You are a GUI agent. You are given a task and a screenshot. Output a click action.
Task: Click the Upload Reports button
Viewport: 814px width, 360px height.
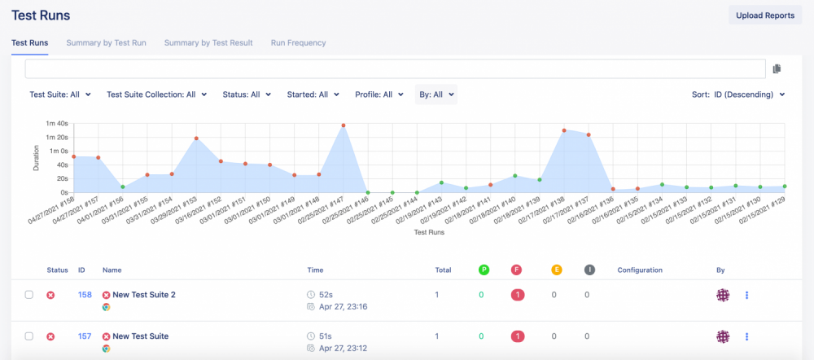click(x=765, y=15)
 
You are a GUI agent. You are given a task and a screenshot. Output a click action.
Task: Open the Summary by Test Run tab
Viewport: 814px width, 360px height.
click(x=106, y=42)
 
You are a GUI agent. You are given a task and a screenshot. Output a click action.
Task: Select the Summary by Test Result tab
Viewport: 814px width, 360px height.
click(x=208, y=42)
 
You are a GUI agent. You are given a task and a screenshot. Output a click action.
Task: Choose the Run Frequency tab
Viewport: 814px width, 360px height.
click(x=298, y=42)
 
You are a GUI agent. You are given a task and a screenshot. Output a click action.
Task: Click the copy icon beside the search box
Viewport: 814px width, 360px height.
click(x=777, y=69)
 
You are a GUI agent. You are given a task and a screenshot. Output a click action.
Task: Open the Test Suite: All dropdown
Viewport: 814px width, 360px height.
click(x=60, y=94)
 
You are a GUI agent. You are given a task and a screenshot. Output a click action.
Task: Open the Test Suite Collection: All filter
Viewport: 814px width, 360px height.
click(x=157, y=94)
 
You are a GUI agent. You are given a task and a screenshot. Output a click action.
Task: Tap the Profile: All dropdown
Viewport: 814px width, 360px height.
click(x=379, y=94)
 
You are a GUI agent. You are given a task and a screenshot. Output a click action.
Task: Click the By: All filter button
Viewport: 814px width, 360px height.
click(x=436, y=94)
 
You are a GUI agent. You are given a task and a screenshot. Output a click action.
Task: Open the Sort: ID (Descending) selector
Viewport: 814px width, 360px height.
click(x=738, y=94)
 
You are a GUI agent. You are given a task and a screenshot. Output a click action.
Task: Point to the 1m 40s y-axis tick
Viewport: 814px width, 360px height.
click(x=57, y=124)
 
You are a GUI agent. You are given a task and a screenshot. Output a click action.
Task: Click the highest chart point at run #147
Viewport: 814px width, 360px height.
click(x=344, y=125)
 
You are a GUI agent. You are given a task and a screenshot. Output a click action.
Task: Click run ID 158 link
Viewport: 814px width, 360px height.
click(x=85, y=295)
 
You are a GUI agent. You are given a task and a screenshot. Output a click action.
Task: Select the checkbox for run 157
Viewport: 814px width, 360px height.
click(x=29, y=336)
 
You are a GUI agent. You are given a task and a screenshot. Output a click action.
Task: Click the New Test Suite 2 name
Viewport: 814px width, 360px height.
click(x=143, y=295)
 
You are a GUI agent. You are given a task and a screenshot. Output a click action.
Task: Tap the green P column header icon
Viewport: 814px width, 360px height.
click(x=484, y=270)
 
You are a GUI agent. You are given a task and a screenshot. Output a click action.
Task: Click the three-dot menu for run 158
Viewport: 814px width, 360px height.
click(x=746, y=295)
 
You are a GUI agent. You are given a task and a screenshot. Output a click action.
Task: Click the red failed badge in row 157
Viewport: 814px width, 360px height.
click(x=518, y=336)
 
